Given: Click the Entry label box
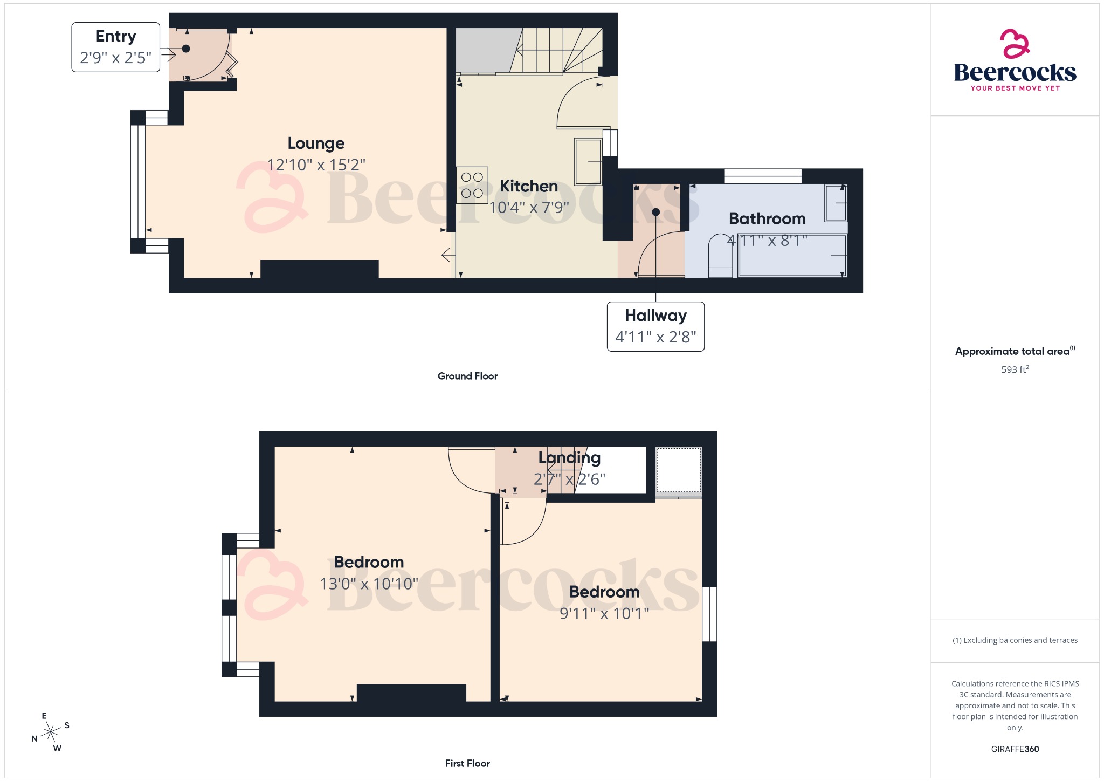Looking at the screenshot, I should pyautogui.click(x=116, y=47).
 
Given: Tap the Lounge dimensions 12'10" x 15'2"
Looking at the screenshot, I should pyautogui.click(x=316, y=165).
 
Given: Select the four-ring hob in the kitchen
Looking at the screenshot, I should pyautogui.click(x=472, y=185).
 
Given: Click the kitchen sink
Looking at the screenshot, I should pyautogui.click(x=588, y=161).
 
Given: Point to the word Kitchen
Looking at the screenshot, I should pyautogui.click(x=528, y=186).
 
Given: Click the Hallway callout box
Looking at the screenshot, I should pyautogui.click(x=655, y=326).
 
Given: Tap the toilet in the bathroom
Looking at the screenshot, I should pyautogui.click(x=720, y=256).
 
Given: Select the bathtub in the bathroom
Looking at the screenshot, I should pyautogui.click(x=792, y=255).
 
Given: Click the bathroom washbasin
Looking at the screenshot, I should pyautogui.click(x=836, y=203).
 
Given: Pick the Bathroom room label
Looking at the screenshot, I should pyautogui.click(x=767, y=218).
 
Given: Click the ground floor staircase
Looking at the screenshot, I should pyautogui.click(x=555, y=51).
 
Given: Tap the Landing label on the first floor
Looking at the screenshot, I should pyautogui.click(x=569, y=457).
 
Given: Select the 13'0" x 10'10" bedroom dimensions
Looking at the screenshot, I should pyautogui.click(x=369, y=584).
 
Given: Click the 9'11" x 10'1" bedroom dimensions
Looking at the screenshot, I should pyautogui.click(x=604, y=613).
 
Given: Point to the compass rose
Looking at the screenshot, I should pyautogui.click(x=51, y=732).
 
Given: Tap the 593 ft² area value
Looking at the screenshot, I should pyautogui.click(x=1015, y=369).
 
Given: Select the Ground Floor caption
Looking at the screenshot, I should pyautogui.click(x=467, y=376).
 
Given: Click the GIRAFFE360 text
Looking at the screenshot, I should pyautogui.click(x=1015, y=749).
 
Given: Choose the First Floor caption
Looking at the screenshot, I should pyautogui.click(x=467, y=763).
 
